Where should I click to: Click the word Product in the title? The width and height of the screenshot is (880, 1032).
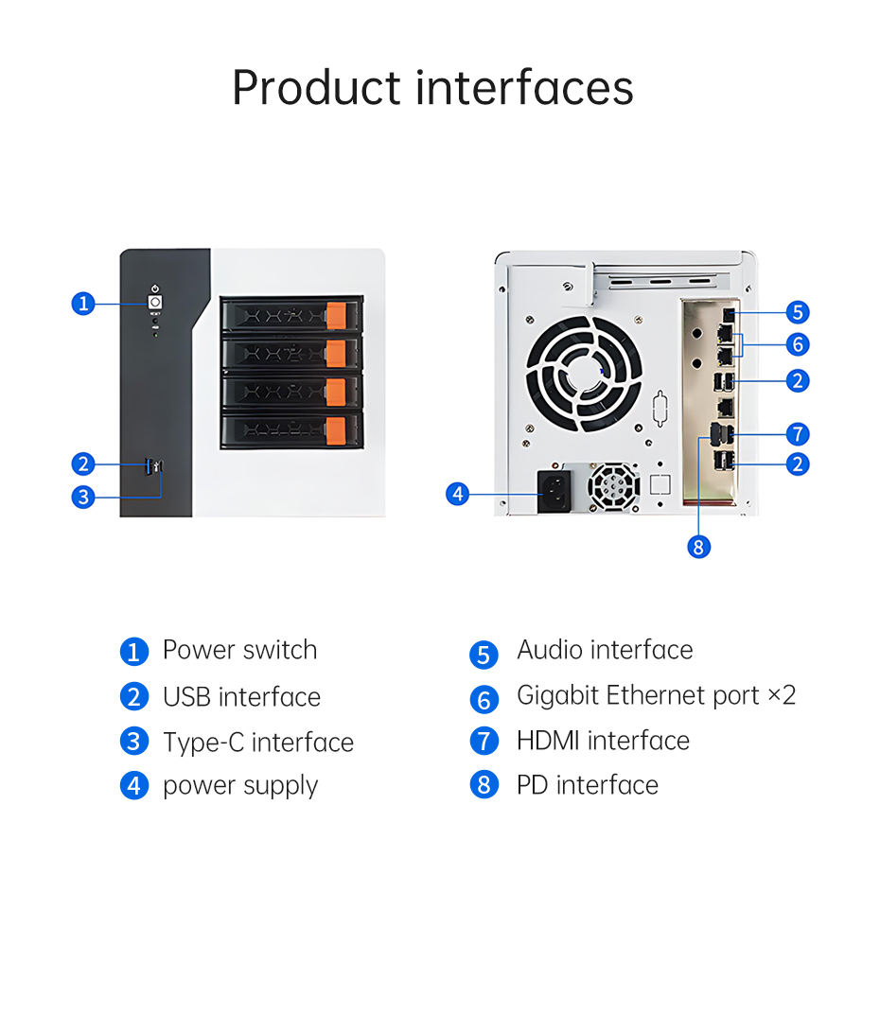pos(317,88)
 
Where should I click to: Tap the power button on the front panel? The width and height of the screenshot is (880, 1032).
pos(154,302)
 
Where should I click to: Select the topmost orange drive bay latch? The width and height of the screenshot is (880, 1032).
pos(336,315)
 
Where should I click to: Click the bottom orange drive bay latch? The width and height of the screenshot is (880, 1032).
pos(336,430)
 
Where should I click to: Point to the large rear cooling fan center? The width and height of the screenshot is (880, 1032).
pos(584,374)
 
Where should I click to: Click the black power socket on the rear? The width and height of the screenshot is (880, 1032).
pos(554,492)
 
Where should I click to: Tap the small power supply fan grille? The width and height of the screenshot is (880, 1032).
pos(613,486)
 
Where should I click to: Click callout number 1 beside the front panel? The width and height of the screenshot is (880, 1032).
pos(83,304)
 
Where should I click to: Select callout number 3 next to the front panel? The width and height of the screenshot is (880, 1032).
pos(83,497)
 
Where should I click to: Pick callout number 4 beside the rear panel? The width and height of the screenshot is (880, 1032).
pos(457,494)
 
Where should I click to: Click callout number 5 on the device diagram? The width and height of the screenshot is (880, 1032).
pos(798,312)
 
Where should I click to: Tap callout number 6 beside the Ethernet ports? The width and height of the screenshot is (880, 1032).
pos(798,344)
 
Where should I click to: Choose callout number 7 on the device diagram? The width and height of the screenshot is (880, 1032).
pos(798,434)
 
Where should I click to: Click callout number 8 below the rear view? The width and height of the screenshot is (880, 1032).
pos(698,547)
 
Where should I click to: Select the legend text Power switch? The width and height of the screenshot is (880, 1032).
pos(240,650)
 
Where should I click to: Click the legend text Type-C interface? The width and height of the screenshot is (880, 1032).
pos(258,743)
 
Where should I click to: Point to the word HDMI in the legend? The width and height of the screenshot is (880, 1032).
pos(548,741)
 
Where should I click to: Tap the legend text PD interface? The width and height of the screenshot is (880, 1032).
pos(588,785)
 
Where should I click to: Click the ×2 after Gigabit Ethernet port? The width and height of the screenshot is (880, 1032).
pos(782,695)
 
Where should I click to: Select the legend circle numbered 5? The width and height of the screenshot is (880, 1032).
pos(484,655)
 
